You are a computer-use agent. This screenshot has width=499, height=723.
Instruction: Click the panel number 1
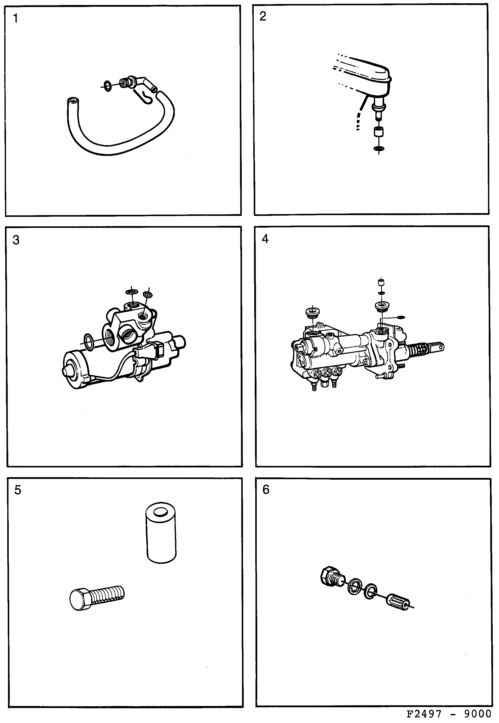[x=15, y=19]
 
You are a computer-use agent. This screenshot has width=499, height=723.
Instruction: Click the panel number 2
[x=263, y=16]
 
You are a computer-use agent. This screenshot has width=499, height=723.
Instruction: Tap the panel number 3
[x=16, y=240]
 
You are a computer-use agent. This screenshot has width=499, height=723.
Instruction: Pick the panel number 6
[x=266, y=489]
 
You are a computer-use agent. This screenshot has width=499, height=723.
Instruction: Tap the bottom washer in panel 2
[x=379, y=149]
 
